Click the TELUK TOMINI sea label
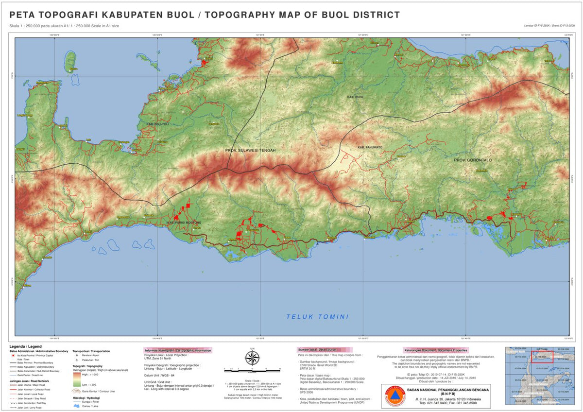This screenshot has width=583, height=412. click(x=317, y=317)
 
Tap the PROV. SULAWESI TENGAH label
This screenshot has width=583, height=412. click(x=250, y=151)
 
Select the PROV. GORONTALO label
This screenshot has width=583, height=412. click(x=473, y=160)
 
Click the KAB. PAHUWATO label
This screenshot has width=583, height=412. click(x=370, y=147)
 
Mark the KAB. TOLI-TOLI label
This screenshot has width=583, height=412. click(x=158, y=124)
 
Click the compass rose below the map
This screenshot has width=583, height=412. click(x=252, y=359)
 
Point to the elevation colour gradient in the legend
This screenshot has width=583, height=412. click(x=77, y=379)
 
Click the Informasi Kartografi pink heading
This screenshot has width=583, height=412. click(x=177, y=350)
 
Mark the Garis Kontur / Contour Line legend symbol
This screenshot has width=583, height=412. click(x=77, y=390)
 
